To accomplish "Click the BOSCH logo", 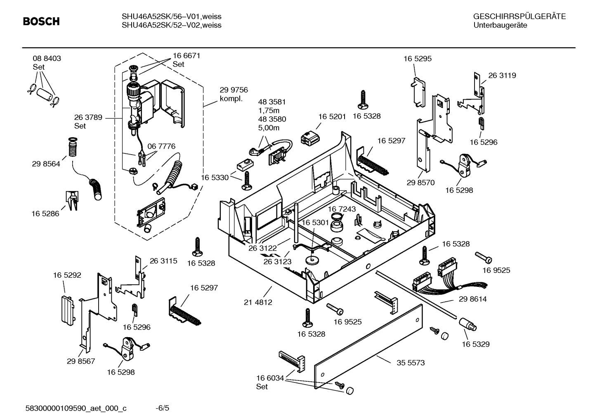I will coord(41,21).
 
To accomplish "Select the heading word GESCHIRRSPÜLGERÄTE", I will coord(519,17).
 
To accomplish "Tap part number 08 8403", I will coord(47,59).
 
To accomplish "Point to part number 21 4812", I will coord(258,302).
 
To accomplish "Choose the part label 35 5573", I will coord(411,363).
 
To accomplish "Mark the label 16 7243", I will coord(342,209).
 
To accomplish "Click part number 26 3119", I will coord(502,75).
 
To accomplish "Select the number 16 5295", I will coord(418,59).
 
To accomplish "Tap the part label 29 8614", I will coord(472,299).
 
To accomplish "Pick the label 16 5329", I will coord(475,344).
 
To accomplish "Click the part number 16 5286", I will coord(45,214).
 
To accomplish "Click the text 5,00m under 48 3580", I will coord(269,128).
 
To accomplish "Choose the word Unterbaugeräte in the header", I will coord(500,25).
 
